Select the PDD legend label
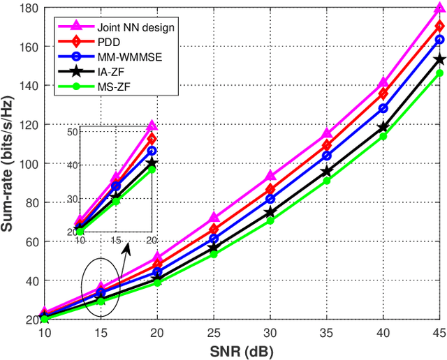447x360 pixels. pyautogui.click(x=99, y=42)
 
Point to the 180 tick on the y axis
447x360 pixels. pyautogui.click(x=29, y=8)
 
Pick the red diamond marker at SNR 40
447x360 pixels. pyautogui.click(x=383, y=93)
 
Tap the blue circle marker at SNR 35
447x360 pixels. pyautogui.click(x=327, y=156)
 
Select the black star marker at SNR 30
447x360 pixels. pyautogui.click(x=270, y=212)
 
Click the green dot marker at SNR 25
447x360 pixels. pyautogui.click(x=214, y=254)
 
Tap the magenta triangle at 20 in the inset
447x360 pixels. pyautogui.click(x=152, y=127)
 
